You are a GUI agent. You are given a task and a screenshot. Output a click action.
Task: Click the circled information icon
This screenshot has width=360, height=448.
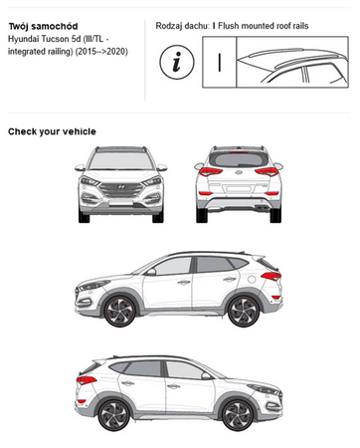click(x=177, y=62)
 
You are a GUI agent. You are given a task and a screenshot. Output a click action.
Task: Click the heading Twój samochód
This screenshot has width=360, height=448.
click(x=43, y=26)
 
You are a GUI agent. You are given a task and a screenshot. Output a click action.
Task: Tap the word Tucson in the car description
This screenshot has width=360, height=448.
click(x=55, y=39)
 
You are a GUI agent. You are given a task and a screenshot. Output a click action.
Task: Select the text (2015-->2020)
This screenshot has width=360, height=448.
click(x=101, y=52)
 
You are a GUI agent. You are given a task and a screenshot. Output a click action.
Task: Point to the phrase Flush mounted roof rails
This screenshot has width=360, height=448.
click(x=264, y=26)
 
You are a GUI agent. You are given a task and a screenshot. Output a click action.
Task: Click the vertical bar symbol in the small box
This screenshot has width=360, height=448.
click(x=220, y=62)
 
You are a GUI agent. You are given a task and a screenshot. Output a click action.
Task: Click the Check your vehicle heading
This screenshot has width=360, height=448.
click(x=52, y=131)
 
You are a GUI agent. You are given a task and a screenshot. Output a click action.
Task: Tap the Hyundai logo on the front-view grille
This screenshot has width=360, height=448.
click(x=121, y=187)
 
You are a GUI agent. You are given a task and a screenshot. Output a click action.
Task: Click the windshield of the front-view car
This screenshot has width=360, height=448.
click(x=121, y=161)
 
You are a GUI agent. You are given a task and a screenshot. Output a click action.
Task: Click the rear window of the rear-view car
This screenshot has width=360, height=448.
click(x=239, y=159)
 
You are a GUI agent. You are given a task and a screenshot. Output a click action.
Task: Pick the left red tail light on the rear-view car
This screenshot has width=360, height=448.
click(x=210, y=171)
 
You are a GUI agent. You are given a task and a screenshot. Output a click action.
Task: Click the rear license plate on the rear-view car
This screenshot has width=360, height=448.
click(x=238, y=189)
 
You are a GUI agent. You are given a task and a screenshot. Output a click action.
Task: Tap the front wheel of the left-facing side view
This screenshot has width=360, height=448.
click(x=119, y=311)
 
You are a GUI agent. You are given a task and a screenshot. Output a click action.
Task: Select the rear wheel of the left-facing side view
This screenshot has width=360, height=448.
click(x=244, y=312)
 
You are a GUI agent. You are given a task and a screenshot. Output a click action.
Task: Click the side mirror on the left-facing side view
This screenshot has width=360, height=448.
click(x=151, y=272)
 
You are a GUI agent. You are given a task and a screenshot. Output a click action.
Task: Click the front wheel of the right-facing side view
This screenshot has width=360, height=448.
click(x=238, y=415)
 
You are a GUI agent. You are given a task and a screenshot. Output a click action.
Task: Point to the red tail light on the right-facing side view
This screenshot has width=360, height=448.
click(x=87, y=380)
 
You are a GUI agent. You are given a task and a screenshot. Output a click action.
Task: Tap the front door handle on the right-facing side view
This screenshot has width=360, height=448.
click(x=173, y=386)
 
